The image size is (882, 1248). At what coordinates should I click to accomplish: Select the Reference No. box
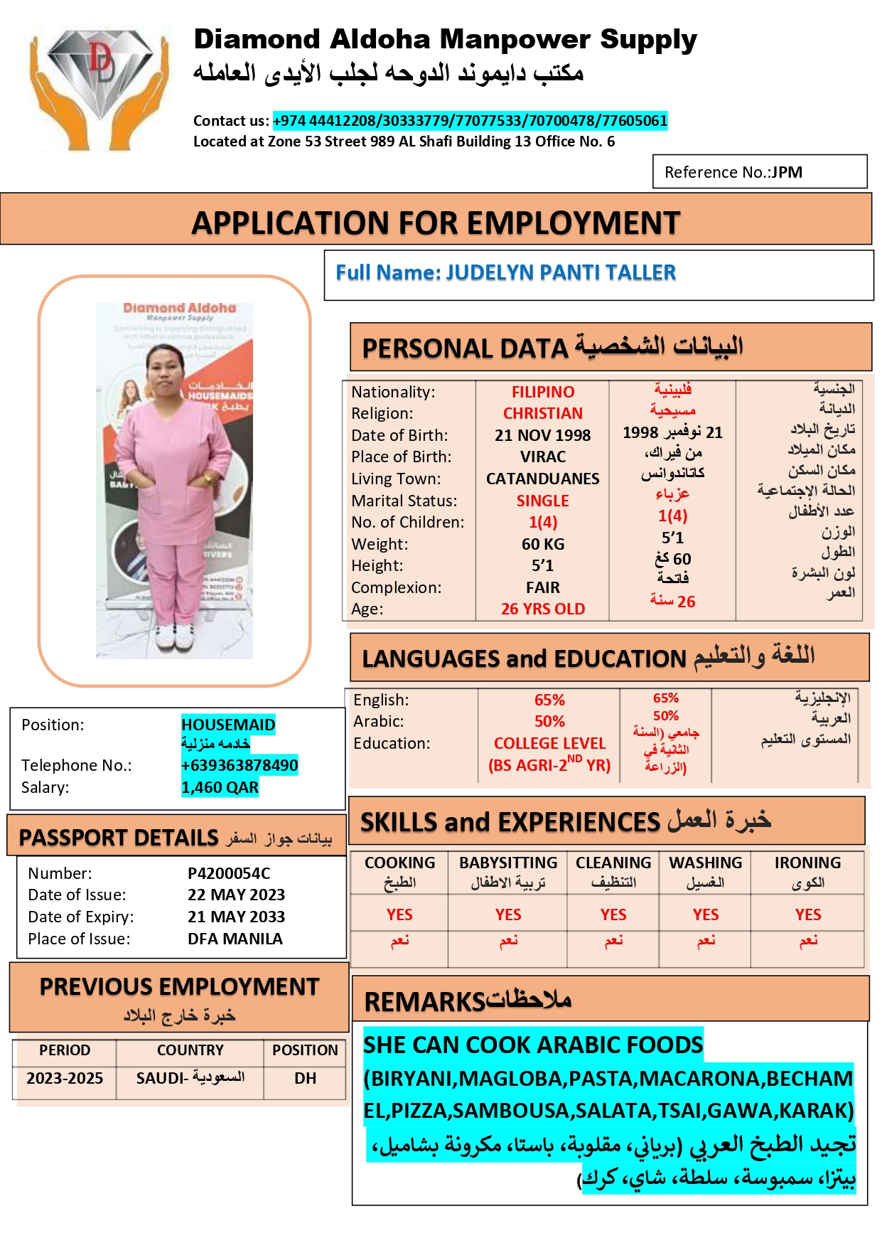coord(759,172)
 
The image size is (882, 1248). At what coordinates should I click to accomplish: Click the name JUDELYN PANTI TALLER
coord(561,273)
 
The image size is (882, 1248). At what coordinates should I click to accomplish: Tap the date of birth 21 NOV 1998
coord(542,435)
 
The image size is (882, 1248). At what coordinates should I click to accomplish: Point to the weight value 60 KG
coord(542,544)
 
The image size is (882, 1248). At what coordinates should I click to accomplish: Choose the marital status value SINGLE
coord(542,501)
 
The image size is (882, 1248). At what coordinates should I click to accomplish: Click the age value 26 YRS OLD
coord(542,609)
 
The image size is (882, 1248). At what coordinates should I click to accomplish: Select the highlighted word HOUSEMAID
coord(228,725)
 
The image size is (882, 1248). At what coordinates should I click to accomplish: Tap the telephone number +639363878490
coord(240,765)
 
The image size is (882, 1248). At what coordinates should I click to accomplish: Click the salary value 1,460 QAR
coord(220,787)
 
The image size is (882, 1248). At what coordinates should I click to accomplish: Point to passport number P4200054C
coord(229,873)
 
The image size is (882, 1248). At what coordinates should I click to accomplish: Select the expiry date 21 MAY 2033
coord(236,917)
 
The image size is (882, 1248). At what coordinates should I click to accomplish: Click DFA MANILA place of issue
coord(235,939)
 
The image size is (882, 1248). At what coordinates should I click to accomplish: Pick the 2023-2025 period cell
coord(65,1078)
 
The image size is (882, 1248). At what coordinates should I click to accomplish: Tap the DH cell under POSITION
coord(305,1078)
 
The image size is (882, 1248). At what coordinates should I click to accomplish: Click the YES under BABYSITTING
coord(508,914)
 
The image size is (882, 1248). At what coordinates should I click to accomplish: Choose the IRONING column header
coord(807,863)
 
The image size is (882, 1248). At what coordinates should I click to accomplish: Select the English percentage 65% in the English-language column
coord(549,700)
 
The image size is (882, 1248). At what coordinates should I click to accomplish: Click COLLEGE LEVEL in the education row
coord(549,743)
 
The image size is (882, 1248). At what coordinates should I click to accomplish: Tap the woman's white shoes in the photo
coord(174,634)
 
